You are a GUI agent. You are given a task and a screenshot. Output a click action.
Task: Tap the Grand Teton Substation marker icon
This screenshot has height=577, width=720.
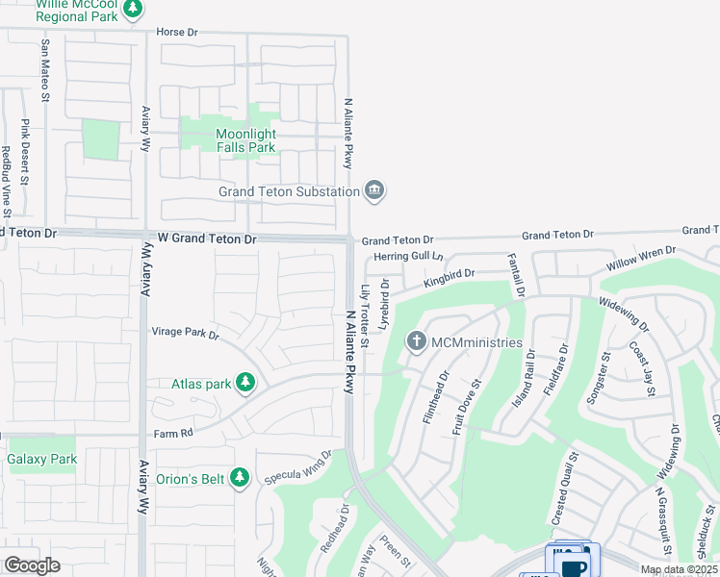(x=374, y=190)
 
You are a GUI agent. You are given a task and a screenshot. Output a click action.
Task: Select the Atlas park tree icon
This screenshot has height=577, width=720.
(x=245, y=384)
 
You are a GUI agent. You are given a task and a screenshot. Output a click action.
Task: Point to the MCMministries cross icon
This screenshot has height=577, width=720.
(x=417, y=341)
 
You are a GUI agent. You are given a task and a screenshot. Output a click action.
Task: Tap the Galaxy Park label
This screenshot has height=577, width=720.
(x=41, y=460)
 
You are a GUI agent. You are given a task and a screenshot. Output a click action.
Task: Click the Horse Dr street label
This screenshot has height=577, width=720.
(x=177, y=33)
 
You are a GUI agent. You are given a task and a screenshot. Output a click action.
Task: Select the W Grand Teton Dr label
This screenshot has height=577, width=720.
(x=201, y=238)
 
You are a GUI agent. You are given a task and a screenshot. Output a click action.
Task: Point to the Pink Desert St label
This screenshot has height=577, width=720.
(x=25, y=148)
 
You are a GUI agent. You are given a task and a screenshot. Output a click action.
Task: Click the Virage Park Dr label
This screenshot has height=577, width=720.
(x=186, y=334)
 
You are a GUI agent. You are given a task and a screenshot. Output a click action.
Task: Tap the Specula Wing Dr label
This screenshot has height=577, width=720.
(x=299, y=463)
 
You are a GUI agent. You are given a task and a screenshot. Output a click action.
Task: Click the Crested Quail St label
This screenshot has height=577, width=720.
(x=564, y=489)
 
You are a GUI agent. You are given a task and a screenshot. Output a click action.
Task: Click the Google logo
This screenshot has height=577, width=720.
(x=32, y=565)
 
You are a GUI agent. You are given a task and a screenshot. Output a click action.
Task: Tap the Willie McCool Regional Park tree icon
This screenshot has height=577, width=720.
(x=133, y=10)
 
